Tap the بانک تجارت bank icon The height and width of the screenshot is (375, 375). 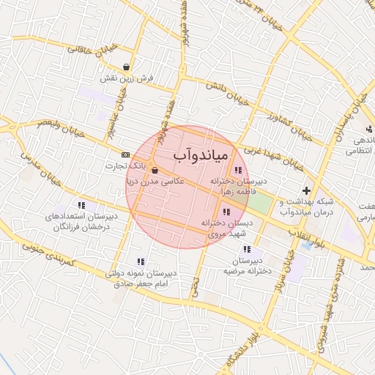[x=125, y=155]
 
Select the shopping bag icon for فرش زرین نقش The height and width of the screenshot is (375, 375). [x=127, y=67]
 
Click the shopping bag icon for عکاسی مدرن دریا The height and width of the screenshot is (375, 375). [x=154, y=170]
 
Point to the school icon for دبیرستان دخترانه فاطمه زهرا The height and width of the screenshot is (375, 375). [x=238, y=171]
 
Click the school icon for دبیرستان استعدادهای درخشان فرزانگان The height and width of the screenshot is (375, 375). [x=81, y=206]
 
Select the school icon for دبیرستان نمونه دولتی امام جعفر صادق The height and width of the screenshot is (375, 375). [x=140, y=261]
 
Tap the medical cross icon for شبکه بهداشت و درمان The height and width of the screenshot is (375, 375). [x=306, y=190]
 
